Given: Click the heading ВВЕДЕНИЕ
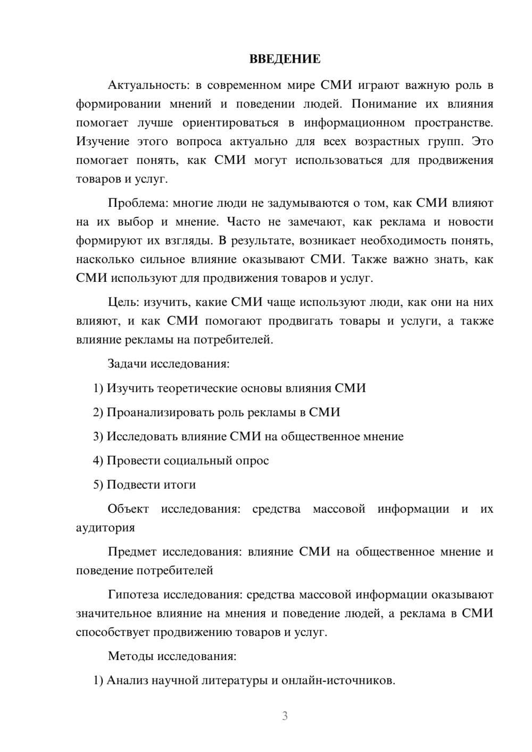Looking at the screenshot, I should click(x=285, y=59).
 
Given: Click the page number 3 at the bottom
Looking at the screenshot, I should click(x=285, y=716).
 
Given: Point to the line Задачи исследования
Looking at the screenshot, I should click(x=169, y=364).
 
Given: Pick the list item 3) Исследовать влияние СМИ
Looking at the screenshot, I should click(x=248, y=437).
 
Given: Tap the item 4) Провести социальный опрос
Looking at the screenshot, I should click(x=181, y=461).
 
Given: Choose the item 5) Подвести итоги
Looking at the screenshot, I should click(x=144, y=484).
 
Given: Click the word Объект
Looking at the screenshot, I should click(x=128, y=509).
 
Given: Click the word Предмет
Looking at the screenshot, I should click(x=132, y=552).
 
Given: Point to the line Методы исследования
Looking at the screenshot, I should click(x=172, y=656).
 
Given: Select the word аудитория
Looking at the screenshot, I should click(x=105, y=528).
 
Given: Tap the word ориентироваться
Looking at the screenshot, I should click(x=230, y=123).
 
